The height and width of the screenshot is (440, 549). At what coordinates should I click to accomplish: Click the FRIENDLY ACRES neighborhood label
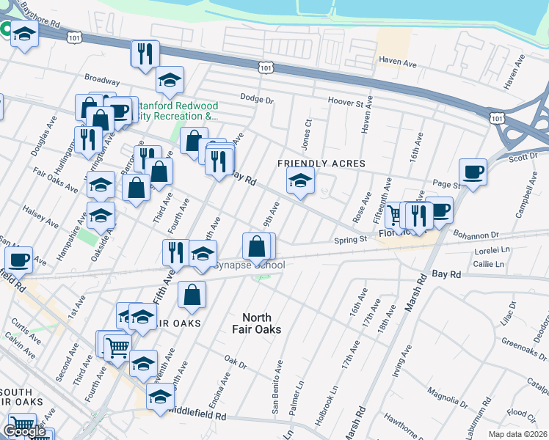(312, 163)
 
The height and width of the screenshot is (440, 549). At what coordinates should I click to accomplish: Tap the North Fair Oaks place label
(262, 323)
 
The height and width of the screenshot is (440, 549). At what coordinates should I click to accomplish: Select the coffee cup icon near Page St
(473, 172)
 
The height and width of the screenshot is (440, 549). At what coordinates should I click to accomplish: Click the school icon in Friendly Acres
(300, 180)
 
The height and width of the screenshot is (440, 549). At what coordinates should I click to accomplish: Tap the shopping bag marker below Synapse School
(192, 295)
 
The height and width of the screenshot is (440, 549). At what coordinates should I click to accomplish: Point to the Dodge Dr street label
(257, 99)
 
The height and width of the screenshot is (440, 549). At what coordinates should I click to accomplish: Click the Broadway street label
(102, 79)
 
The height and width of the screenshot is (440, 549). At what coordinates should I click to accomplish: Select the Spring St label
(350, 239)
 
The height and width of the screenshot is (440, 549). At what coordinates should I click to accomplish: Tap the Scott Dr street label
(523, 157)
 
